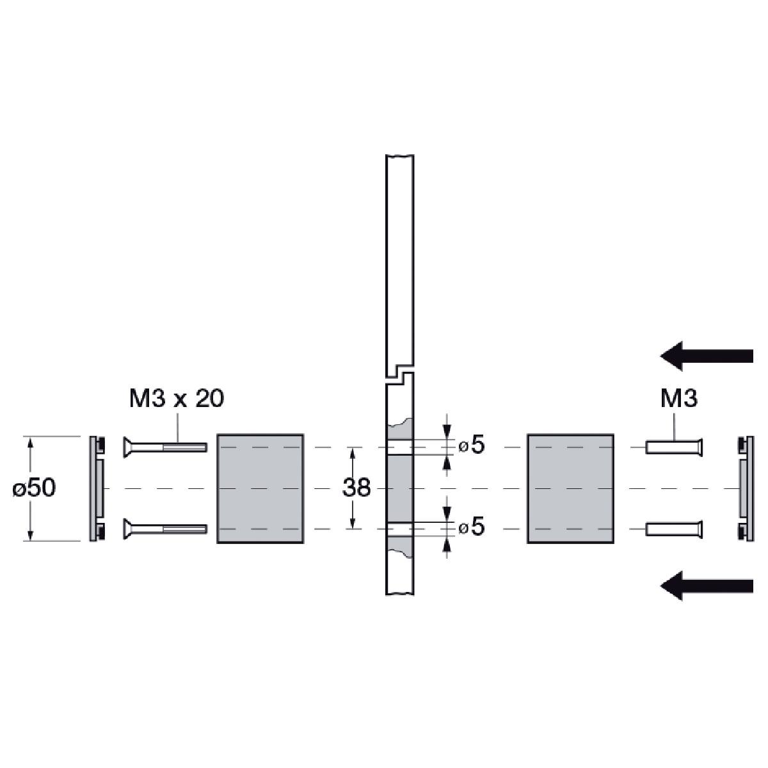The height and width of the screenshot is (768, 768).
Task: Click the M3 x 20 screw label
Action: point(177,398)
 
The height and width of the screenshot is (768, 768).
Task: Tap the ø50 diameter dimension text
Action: point(34,488)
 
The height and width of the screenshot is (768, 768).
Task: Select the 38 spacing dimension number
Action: point(356,488)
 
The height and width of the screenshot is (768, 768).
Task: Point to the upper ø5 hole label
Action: point(472,445)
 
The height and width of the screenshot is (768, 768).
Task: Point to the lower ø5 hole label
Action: point(472,527)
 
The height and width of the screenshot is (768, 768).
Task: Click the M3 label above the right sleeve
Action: point(679,398)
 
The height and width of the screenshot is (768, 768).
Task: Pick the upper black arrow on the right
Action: point(707,356)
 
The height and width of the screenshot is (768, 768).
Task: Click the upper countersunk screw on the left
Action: point(165,447)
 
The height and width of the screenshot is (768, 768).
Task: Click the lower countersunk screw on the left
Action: point(165,529)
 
